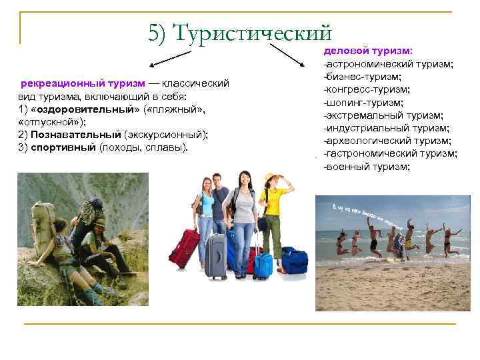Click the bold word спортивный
pos(55,147)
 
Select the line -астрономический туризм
pos(388,64)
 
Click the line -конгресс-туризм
pos(367,89)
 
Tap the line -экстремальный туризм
pos(383,115)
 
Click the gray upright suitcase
pos(215,257)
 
